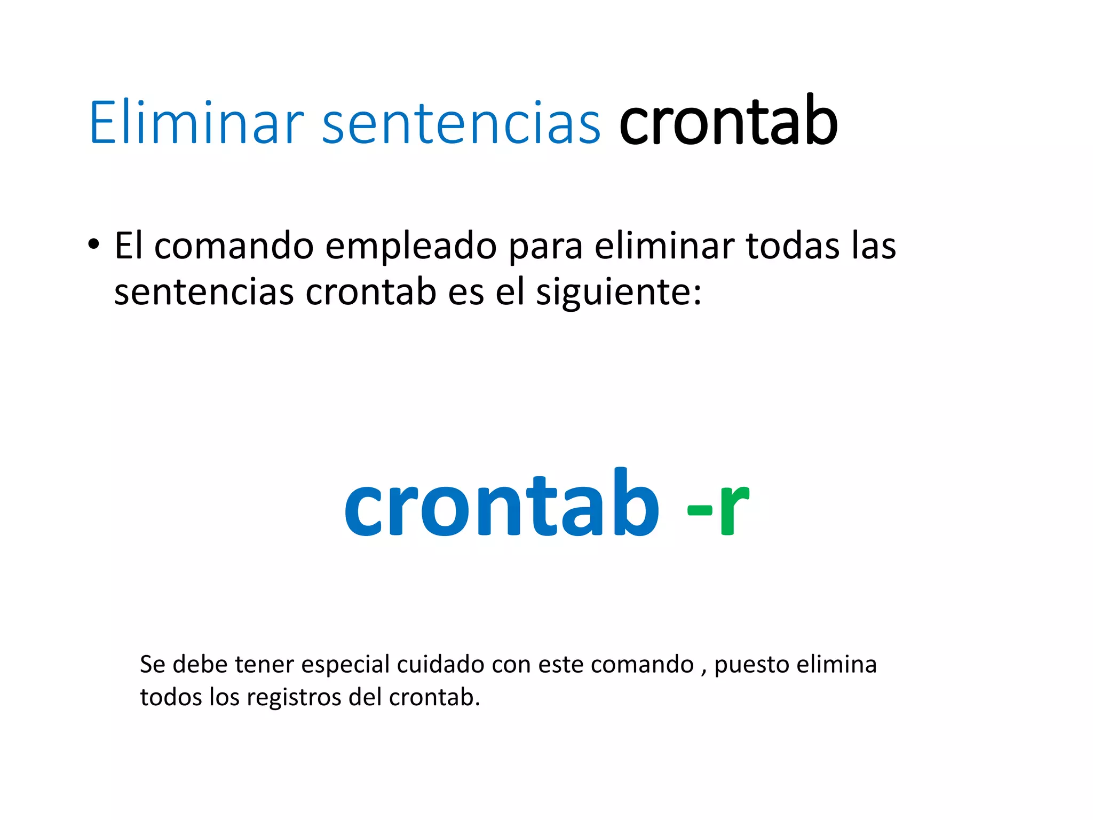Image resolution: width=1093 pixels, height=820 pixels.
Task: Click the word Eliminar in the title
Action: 196,123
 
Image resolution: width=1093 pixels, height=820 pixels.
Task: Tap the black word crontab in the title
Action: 728,121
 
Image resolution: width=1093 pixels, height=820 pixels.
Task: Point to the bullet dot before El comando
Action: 94,245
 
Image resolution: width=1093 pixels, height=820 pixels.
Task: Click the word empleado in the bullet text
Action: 411,247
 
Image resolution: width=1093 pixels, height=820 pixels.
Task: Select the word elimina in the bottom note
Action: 836,665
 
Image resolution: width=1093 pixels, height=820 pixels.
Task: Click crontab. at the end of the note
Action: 434,697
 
